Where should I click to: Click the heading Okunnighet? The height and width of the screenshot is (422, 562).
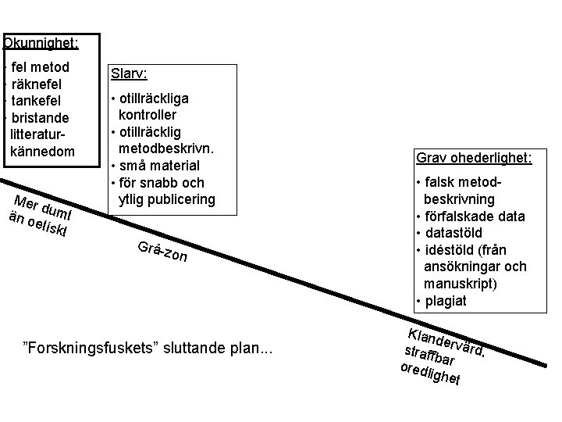(41, 43)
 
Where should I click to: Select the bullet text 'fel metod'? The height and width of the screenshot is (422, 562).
(41, 67)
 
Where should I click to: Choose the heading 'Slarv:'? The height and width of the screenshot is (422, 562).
(129, 73)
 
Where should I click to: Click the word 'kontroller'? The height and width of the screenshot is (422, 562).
(153, 115)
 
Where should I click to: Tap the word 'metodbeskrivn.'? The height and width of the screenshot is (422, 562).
(166, 148)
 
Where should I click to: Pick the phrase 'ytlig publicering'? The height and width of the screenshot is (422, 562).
(166, 198)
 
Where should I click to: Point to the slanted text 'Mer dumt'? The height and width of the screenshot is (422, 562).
(44, 202)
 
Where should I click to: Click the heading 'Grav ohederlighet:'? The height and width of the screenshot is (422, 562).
(473, 158)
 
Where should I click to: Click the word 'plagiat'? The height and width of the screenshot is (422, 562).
(447, 301)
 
